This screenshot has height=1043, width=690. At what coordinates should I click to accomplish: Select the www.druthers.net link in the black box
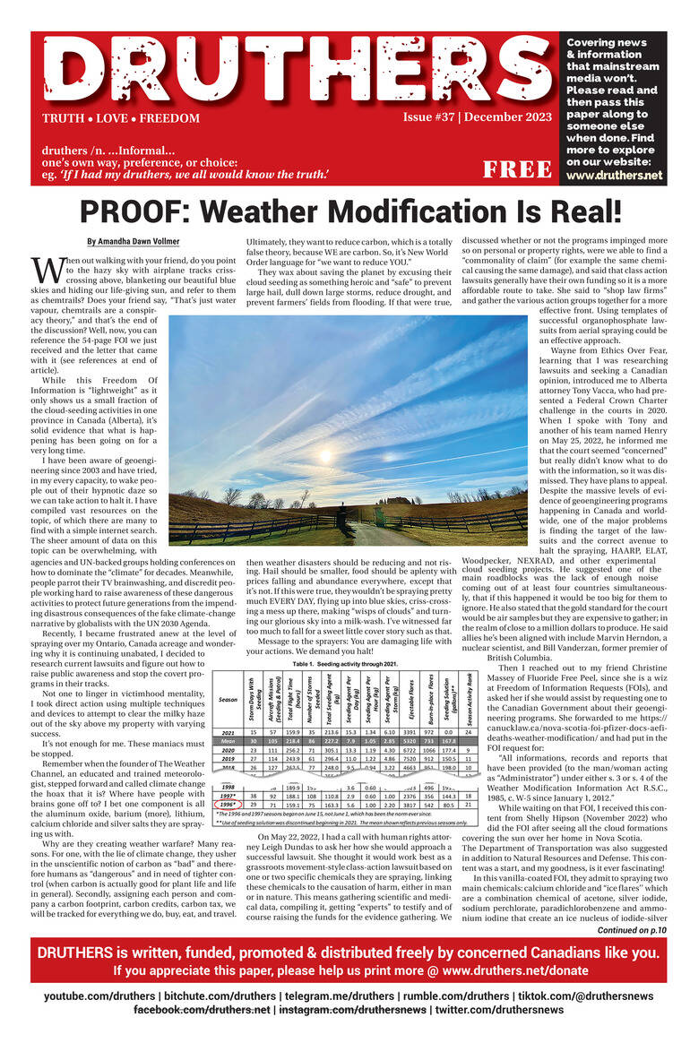(614, 175)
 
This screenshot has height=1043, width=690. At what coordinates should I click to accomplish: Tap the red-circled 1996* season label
(228, 804)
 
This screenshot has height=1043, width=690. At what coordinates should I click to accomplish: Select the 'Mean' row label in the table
(228, 741)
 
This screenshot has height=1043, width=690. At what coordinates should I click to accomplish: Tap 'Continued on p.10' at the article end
(627, 931)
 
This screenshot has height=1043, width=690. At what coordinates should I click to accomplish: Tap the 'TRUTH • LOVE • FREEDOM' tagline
(120, 118)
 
